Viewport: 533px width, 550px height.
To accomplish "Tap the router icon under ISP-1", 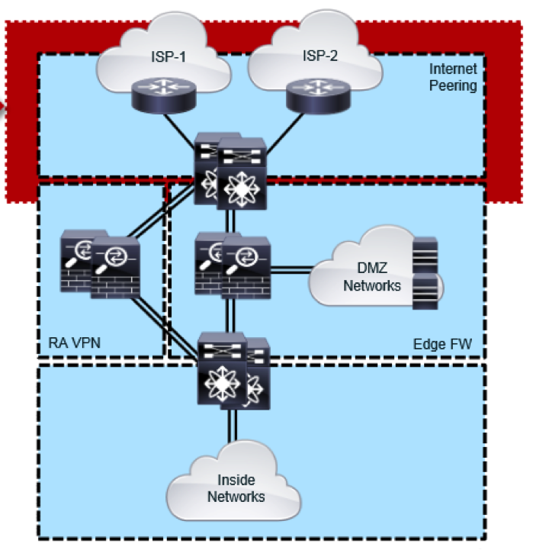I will click(162, 94).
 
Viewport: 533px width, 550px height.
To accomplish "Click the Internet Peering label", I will click(452, 77).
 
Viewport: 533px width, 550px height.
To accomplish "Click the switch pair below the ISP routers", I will click(230, 171).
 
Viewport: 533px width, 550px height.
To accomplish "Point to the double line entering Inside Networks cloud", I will click(228, 431).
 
